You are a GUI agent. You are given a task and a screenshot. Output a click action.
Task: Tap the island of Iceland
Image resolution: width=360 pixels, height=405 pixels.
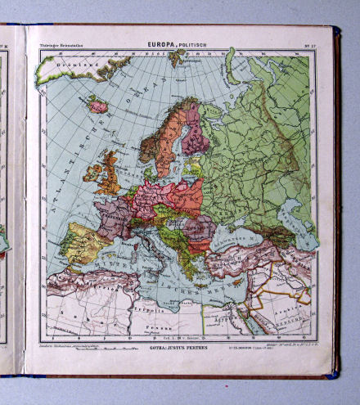98,106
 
